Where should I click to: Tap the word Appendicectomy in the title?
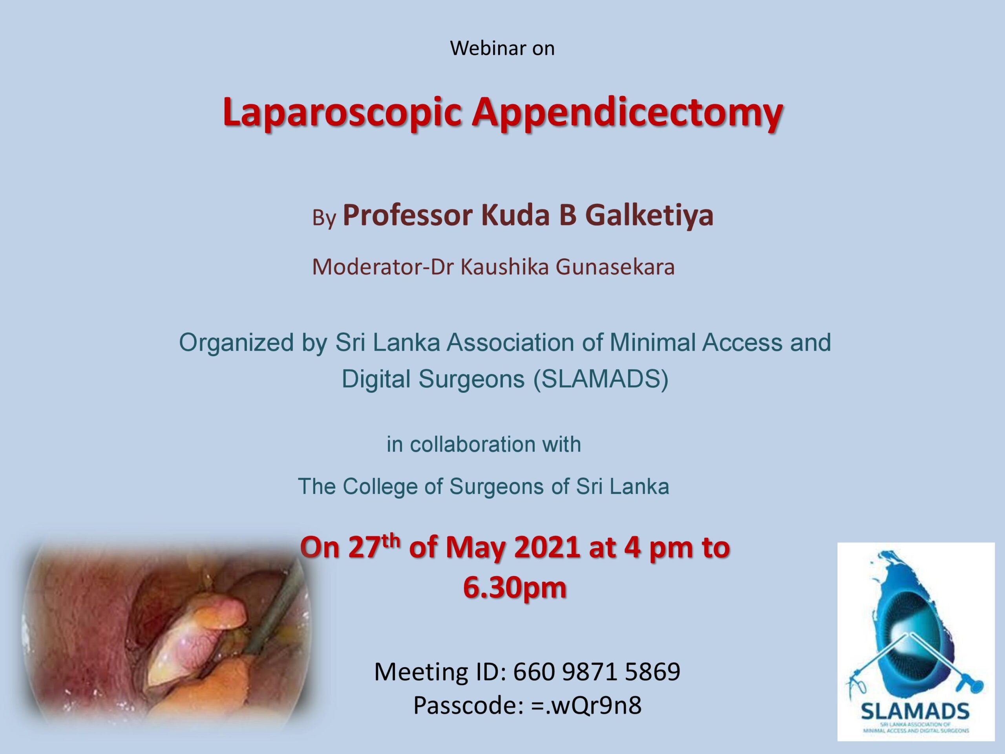(627, 112)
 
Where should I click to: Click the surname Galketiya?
(649, 216)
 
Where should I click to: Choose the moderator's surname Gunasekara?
(615, 267)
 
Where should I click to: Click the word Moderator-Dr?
(383, 267)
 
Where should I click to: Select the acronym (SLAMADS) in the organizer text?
(601, 379)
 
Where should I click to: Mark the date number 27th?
(374, 547)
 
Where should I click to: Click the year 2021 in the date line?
(547, 548)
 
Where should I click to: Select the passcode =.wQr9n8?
(586, 706)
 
